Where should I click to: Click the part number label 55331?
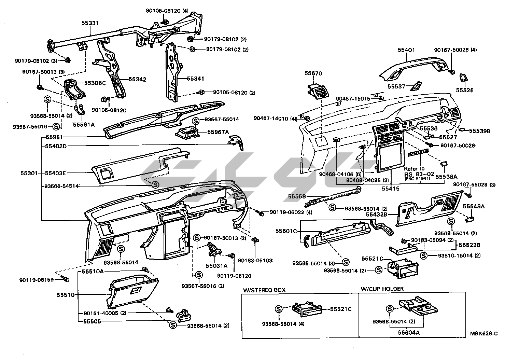point(90,23)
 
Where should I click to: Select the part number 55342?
point(137,80)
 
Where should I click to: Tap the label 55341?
point(196,79)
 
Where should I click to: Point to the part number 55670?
point(313,73)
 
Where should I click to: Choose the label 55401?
point(406,50)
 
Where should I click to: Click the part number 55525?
point(465,90)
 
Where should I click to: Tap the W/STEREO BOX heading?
point(264,290)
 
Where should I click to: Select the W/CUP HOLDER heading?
point(382,289)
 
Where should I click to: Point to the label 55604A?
point(409,333)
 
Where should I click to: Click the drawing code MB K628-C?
point(484,334)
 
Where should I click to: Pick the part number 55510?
point(66,295)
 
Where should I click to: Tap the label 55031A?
point(216,266)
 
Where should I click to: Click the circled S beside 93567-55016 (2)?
point(199,275)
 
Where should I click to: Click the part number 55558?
point(297,197)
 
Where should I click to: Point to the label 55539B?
point(480,131)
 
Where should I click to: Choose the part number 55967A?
point(218,132)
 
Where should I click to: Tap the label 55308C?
point(95,83)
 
